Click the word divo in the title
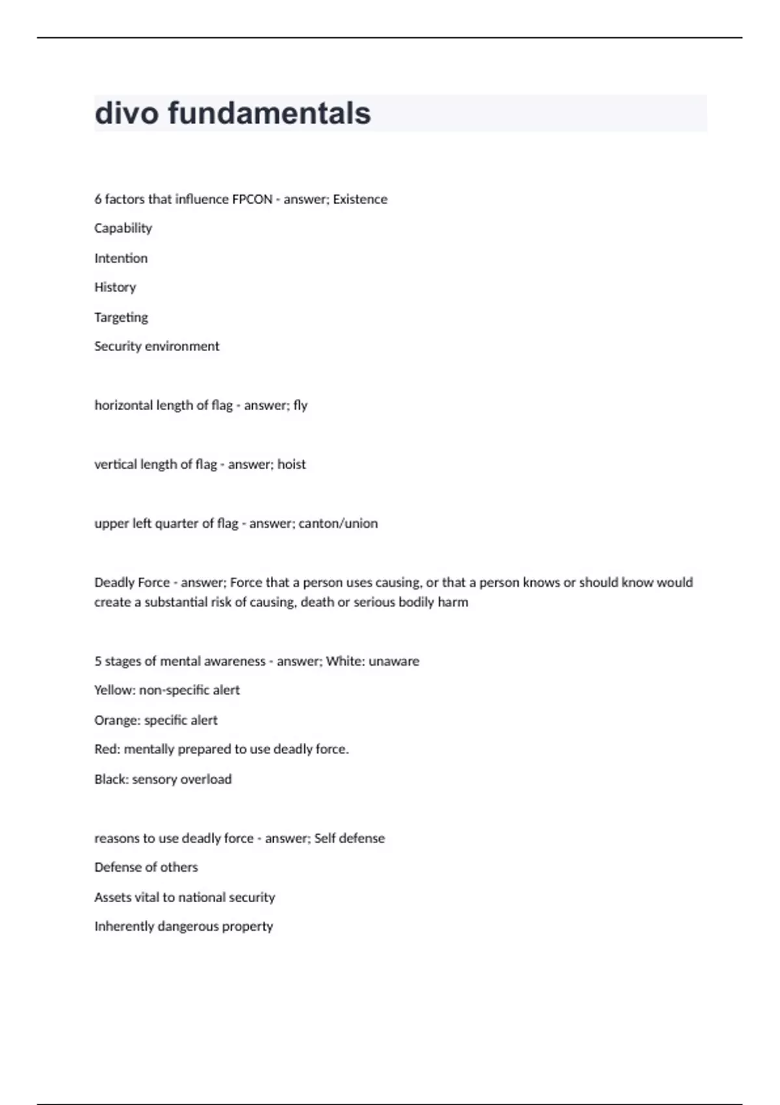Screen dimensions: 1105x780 [127, 113]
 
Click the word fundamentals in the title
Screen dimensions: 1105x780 [269, 113]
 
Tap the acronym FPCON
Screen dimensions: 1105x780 [252, 200]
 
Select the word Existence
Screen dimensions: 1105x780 [360, 200]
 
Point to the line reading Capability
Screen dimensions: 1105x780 [123, 228]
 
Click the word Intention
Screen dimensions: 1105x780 [121, 258]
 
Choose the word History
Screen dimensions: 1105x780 [115, 287]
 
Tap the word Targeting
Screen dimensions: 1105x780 [121, 317]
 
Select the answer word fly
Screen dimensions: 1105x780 [300, 406]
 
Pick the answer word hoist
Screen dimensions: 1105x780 [291, 465]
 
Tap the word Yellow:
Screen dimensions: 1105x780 [114, 690]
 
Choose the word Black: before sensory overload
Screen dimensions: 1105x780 [111, 779]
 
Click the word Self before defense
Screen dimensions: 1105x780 [324, 838]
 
